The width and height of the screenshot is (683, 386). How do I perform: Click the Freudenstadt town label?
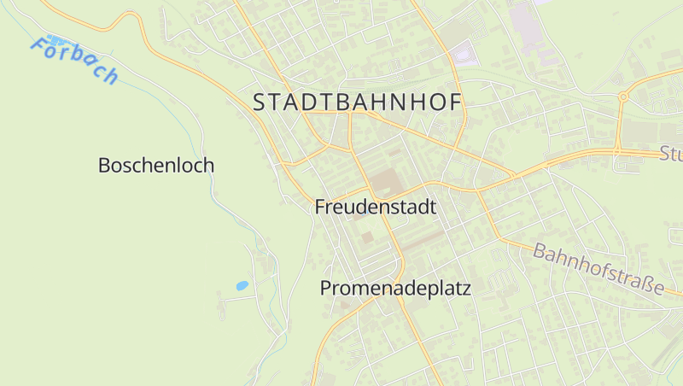click(376, 207)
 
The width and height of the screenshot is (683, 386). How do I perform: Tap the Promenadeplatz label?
click(395, 289)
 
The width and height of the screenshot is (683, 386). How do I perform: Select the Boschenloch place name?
click(156, 166)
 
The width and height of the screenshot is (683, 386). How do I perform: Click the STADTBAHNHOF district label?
click(357, 102)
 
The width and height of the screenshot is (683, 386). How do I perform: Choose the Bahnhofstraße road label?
click(598, 268)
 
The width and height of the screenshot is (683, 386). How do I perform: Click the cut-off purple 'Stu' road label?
click(671, 155)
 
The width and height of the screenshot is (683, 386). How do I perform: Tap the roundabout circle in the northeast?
click(624, 97)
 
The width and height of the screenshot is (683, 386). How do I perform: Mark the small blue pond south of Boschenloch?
click(242, 285)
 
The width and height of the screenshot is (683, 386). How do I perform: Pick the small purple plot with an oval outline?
click(462, 56)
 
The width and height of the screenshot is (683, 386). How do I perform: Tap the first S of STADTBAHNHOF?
click(260, 102)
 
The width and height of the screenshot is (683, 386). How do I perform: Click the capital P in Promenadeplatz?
click(326, 289)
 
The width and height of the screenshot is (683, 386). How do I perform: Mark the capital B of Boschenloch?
click(104, 166)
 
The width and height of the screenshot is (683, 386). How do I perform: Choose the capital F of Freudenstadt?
click(320, 207)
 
